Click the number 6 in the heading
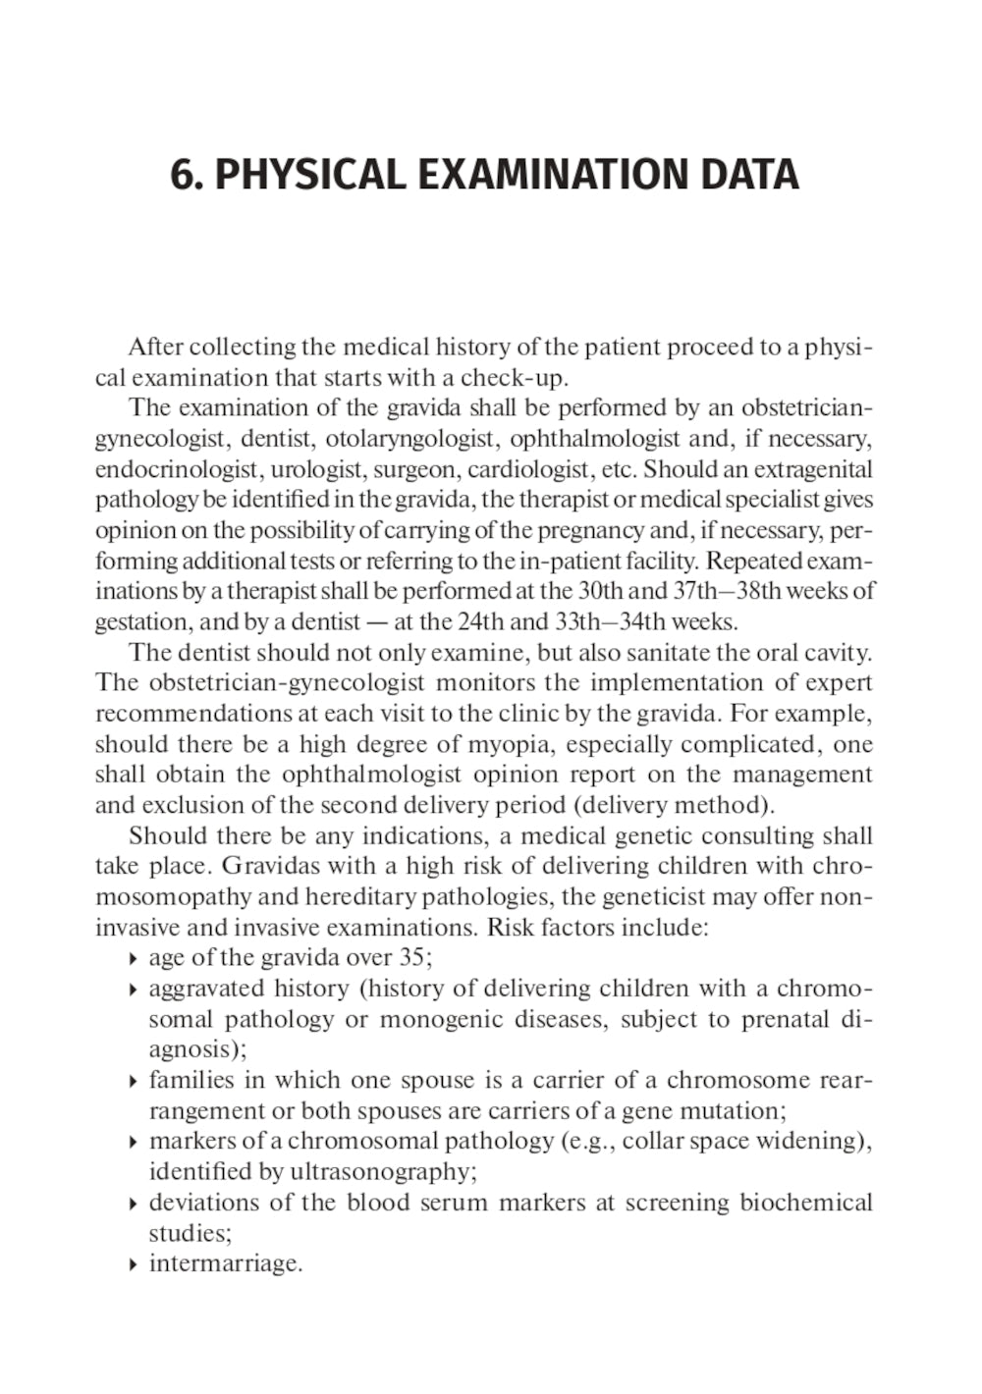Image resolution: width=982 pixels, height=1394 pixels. click(181, 176)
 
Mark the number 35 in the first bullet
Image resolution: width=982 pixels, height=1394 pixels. click(411, 957)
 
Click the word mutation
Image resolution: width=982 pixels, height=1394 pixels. click(738, 1111)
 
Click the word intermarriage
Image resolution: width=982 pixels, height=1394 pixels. click(225, 1263)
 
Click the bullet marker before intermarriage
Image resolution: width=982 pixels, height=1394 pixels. click(133, 1264)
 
